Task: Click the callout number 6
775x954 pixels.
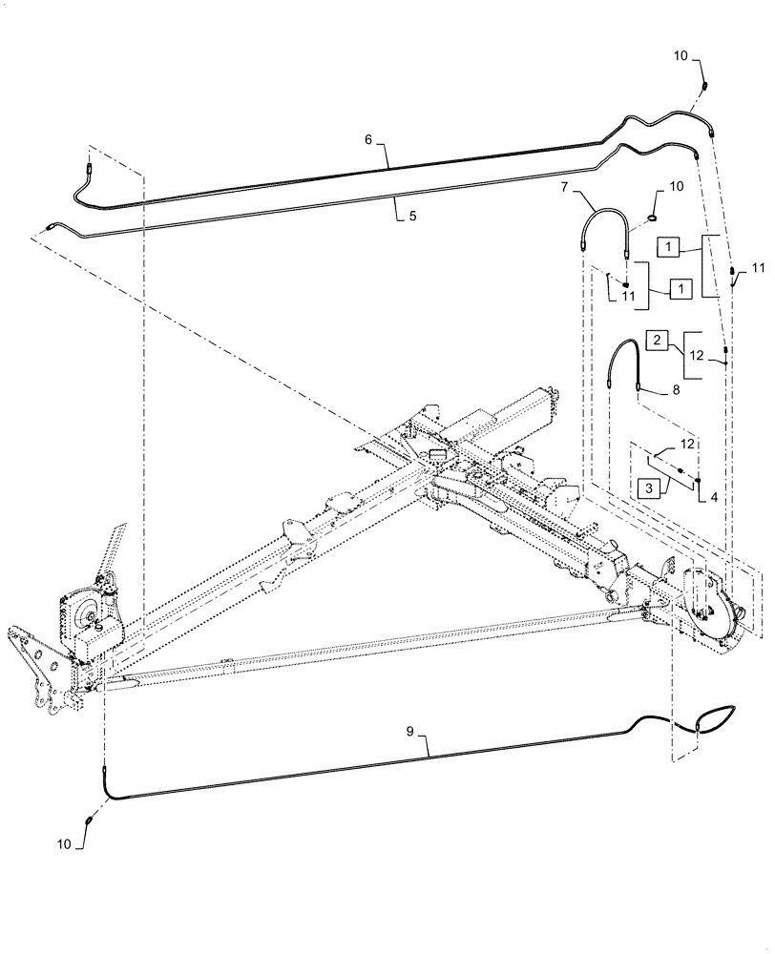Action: tap(367, 139)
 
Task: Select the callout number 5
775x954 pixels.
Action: tap(412, 216)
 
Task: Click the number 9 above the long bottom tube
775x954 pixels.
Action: tap(409, 733)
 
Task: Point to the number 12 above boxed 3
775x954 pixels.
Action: tap(687, 445)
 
